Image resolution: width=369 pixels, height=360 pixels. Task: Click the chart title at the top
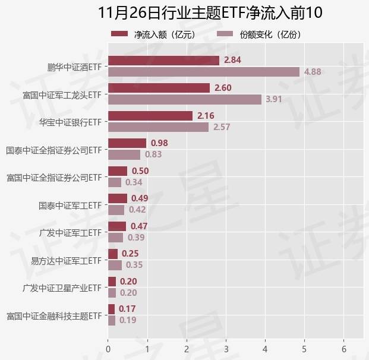tap(210, 12)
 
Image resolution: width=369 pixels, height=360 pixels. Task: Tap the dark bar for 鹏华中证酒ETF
tap(163, 61)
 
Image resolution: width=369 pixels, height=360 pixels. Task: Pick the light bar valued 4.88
tap(203, 72)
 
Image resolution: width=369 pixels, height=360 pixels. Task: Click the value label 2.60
tap(223, 88)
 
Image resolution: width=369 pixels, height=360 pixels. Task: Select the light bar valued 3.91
tap(184, 99)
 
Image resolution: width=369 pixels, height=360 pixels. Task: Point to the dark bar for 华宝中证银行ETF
tap(150, 116)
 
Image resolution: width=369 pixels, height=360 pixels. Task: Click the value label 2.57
tap(222, 127)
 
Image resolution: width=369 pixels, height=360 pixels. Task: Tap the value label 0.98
tap(159, 143)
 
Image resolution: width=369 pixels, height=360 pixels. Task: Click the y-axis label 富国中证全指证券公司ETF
tap(53, 177)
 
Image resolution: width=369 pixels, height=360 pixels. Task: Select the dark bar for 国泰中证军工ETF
tap(118, 198)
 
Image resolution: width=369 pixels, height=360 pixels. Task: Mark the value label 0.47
tap(139, 226)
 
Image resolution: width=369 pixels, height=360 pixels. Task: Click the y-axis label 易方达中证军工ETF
tap(67, 260)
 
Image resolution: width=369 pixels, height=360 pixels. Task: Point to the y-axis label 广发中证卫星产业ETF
tap(62, 288)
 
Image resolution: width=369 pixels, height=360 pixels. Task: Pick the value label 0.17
tap(127, 309)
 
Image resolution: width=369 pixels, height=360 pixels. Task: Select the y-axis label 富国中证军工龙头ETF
tap(62, 94)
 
